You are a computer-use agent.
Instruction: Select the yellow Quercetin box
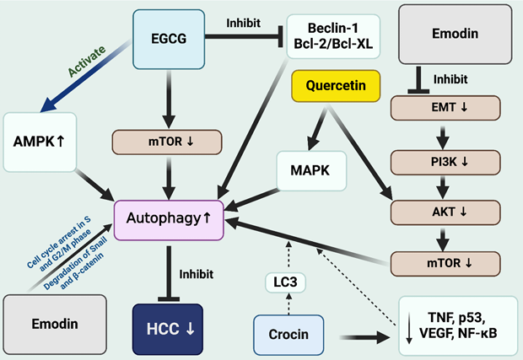(x=335, y=84)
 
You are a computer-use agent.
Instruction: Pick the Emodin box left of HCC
(x=55, y=323)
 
